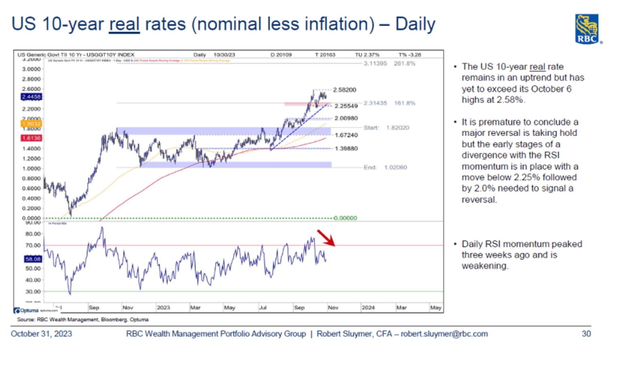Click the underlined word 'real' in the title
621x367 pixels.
[x=124, y=24]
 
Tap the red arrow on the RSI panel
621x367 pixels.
[x=326, y=238]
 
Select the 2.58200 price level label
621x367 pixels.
[x=344, y=90]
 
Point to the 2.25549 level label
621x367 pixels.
[x=346, y=106]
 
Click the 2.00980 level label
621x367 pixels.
[x=346, y=118]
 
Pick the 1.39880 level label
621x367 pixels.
[x=346, y=148]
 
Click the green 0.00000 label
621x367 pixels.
[x=345, y=218]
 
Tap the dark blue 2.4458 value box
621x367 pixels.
[x=32, y=97]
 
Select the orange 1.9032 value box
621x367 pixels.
[x=32, y=124]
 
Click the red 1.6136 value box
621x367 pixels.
[x=32, y=138]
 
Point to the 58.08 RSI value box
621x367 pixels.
[x=33, y=259]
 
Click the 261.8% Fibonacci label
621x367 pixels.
[x=404, y=63]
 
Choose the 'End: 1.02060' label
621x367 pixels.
[x=385, y=167]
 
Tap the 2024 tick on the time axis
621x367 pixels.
[x=368, y=308]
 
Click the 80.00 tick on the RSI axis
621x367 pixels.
[x=33, y=234]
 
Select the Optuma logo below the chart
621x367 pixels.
[x=27, y=310]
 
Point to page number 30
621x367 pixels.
[x=586, y=334]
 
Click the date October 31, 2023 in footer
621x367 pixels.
[x=41, y=334]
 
